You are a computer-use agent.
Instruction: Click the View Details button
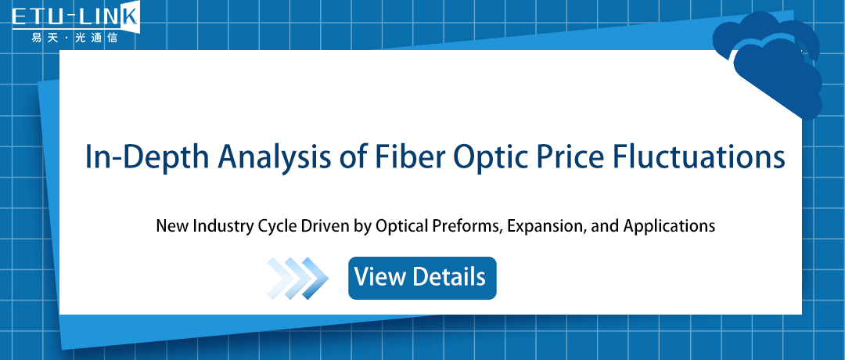422,277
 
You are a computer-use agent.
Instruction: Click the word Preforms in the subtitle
463,227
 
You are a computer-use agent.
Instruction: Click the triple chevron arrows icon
297,277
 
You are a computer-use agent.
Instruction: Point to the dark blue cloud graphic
771,63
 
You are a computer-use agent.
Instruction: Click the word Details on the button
449,277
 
